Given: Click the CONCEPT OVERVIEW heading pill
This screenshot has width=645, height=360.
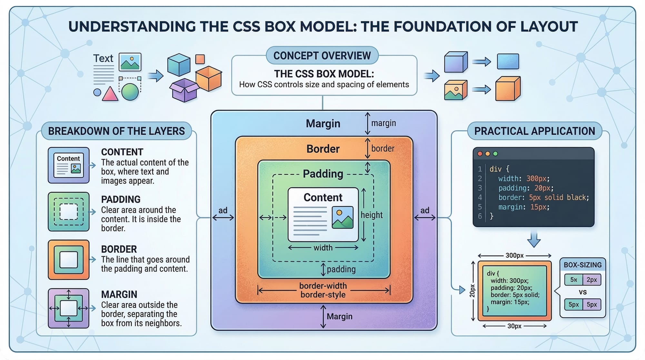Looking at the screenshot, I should [x=322, y=55].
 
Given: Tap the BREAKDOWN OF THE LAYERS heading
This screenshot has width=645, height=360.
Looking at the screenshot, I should [x=116, y=131].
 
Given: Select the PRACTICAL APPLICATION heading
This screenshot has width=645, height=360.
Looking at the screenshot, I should [x=534, y=131].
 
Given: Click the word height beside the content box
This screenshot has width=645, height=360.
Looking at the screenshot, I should [x=372, y=215].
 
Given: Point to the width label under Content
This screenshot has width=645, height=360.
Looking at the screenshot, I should [x=323, y=248].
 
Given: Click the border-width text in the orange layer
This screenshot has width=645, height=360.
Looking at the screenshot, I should [x=323, y=286].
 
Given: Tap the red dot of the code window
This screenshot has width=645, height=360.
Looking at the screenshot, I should [x=480, y=154].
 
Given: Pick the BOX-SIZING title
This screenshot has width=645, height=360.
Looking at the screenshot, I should [x=582, y=265].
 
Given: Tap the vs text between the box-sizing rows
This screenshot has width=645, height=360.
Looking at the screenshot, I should [x=582, y=292].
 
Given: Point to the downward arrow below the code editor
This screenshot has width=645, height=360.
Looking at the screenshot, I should [x=534, y=240].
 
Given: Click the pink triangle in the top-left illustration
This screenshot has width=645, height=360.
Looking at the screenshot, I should [x=110, y=94].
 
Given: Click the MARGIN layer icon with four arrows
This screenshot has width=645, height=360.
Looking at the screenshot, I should [x=68, y=308].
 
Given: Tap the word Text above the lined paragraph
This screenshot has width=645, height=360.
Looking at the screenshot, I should [x=103, y=58].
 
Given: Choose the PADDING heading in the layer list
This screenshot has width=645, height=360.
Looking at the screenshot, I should [x=121, y=199].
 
